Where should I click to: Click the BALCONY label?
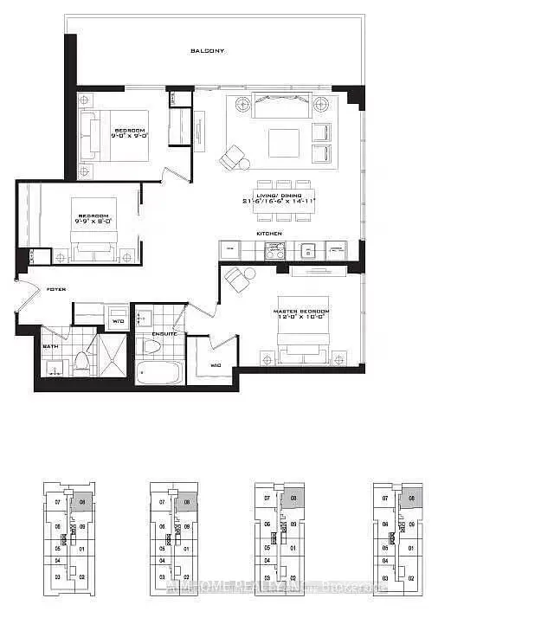[x=208, y=51]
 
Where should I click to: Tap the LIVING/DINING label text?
[x=279, y=199]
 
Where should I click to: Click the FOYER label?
[x=55, y=289]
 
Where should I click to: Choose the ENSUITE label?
[x=164, y=333]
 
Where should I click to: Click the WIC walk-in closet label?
[x=216, y=366]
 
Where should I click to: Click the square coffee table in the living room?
[x=283, y=143]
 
